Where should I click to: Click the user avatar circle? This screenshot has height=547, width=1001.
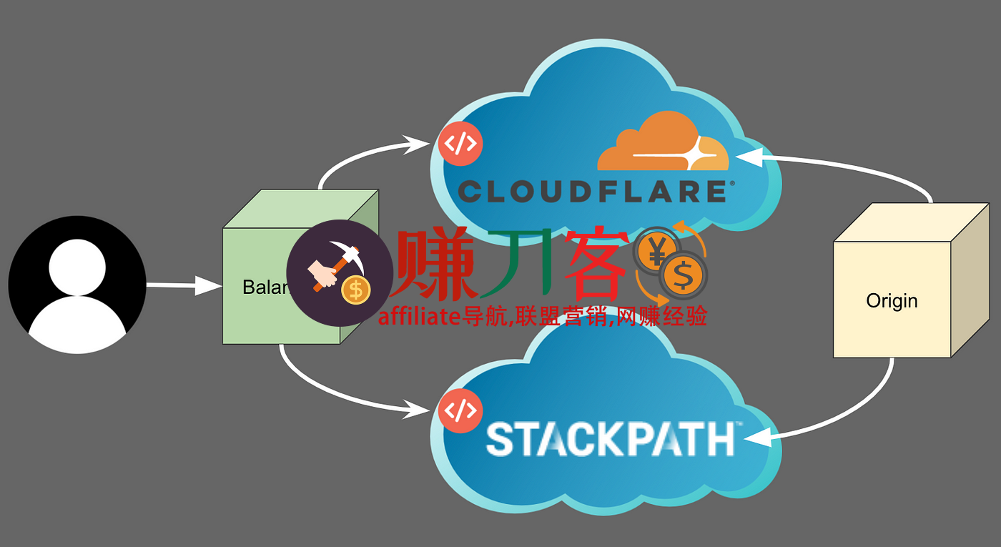77,285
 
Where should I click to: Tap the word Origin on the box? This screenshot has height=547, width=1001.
892,301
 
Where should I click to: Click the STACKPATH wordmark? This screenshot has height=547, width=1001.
610,438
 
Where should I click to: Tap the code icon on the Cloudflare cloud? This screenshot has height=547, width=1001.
460,144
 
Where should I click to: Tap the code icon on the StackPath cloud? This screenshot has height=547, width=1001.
460,411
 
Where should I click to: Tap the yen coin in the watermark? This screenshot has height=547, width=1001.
656,250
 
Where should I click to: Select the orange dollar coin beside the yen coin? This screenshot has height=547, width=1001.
684,276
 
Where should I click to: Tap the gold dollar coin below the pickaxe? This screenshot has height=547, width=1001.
355,290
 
